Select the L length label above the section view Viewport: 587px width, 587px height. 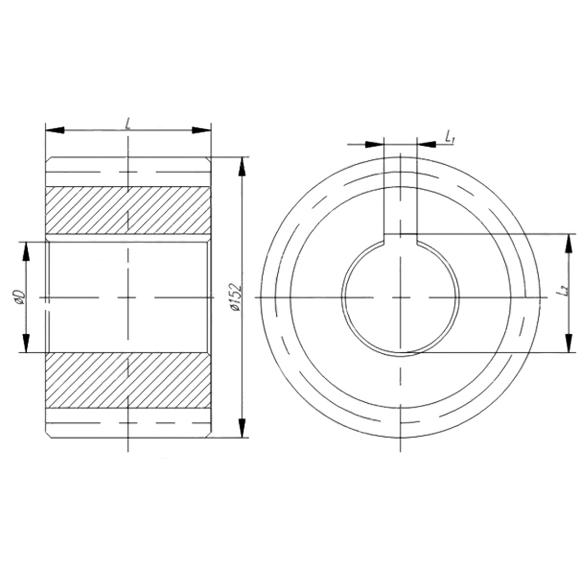pyautogui.click(x=128, y=123)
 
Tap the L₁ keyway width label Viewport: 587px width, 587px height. pyautogui.click(x=449, y=137)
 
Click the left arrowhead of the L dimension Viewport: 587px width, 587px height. pyautogui.click(x=55, y=130)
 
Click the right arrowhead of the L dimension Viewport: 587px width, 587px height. pyautogui.click(x=202, y=130)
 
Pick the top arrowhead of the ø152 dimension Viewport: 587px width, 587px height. pyautogui.click(x=242, y=166)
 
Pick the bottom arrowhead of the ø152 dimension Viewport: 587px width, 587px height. pyautogui.click(x=242, y=428)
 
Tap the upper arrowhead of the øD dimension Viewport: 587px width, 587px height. pyautogui.click(x=26, y=251)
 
